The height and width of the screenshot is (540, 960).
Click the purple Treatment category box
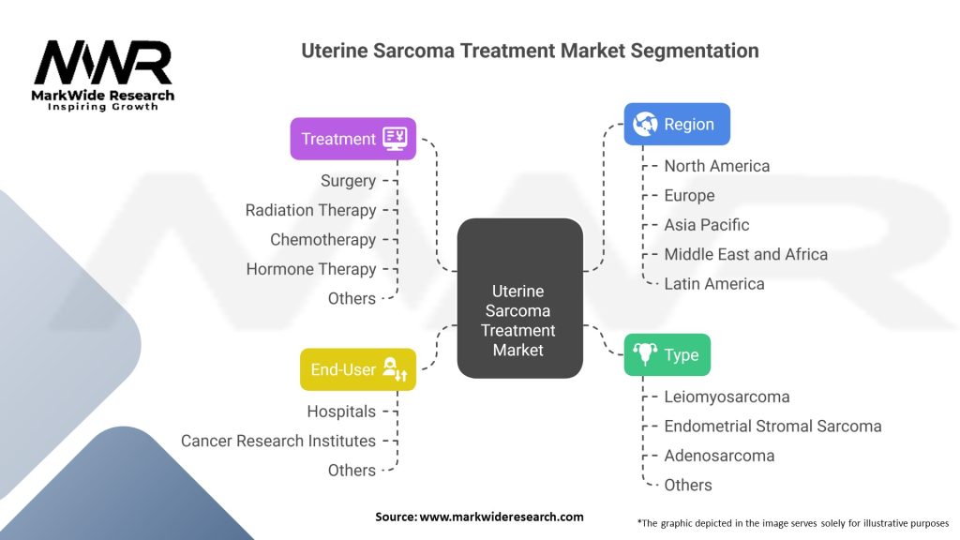tap(352, 139)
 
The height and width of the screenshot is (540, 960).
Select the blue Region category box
tap(677, 124)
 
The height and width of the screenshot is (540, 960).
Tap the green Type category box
tap(667, 354)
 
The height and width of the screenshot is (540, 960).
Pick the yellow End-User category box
tap(357, 369)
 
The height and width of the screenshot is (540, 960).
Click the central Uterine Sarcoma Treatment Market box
tap(518, 298)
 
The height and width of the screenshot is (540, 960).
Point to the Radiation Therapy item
tap(310, 210)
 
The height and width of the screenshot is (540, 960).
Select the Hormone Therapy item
tap(310, 269)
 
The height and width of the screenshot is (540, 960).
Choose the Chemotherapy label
tap(322, 239)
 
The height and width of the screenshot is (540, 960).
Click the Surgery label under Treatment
tap(348, 181)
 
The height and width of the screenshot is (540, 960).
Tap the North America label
tap(716, 166)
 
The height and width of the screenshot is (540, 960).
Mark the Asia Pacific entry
tap(706, 225)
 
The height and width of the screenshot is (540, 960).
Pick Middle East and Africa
tap(745, 254)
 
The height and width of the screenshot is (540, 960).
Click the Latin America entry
tap(713, 283)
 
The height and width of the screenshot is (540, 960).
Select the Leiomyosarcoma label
tap(727, 397)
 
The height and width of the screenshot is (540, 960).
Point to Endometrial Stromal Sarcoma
tap(772, 426)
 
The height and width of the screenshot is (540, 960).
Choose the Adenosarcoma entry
tap(719, 456)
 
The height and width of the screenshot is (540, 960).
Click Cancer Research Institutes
tap(277, 441)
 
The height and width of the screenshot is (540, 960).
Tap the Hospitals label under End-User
tap(341, 412)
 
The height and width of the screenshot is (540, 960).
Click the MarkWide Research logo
tap(103, 75)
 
